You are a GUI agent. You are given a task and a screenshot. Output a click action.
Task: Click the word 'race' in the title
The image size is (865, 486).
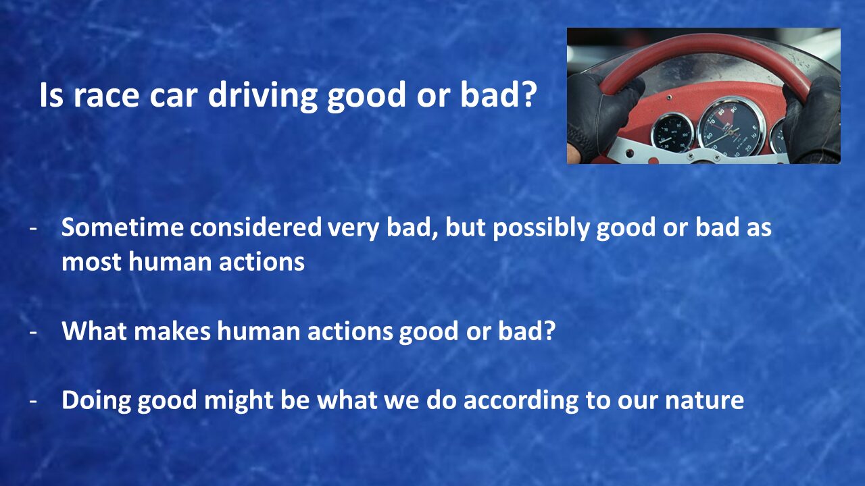(x=106, y=95)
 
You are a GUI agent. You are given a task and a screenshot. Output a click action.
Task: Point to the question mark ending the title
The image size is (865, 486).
(x=527, y=94)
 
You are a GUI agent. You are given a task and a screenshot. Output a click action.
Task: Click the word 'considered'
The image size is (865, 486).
(x=255, y=227)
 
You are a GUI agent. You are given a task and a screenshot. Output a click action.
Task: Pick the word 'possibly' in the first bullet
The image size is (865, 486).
(x=541, y=228)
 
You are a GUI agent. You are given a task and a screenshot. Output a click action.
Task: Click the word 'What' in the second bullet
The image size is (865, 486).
(x=94, y=331)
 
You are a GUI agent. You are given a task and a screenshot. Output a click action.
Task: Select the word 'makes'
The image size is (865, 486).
(x=172, y=331)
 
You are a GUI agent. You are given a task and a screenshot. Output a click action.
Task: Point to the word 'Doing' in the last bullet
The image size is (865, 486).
(x=96, y=401)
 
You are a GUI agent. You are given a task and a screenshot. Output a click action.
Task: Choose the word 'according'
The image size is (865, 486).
(x=521, y=401)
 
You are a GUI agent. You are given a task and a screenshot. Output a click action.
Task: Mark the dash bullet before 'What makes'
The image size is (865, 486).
(x=33, y=333)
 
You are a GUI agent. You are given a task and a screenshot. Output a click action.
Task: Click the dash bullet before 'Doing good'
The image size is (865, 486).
(x=33, y=401)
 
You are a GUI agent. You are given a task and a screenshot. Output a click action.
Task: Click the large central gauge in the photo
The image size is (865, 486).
(x=732, y=128)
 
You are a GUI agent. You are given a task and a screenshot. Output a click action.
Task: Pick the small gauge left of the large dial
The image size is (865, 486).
(x=672, y=133)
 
